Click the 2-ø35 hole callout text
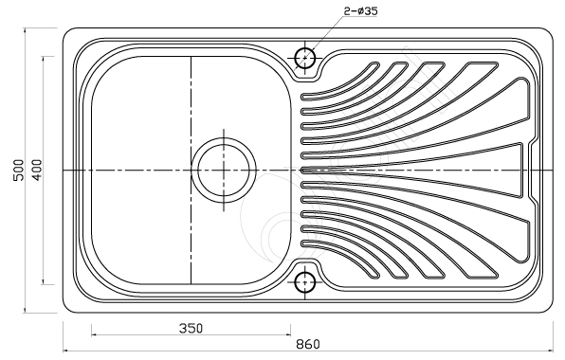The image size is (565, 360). (360, 11)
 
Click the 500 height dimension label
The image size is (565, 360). (18, 171)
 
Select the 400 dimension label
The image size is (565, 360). (37, 171)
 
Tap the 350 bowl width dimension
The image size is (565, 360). (191, 329)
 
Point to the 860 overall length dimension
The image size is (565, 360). (308, 344)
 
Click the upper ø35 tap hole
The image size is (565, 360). (305, 58)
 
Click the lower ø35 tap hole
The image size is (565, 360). (305, 282)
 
